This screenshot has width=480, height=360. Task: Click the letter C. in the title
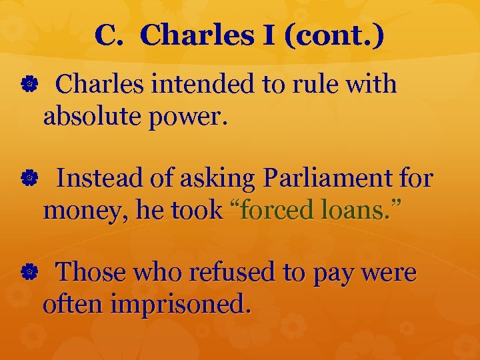pos(109,36)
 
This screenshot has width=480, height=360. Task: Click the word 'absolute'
pos(89,117)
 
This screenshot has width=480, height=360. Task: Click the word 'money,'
pos(83,211)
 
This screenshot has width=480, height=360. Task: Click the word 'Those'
pos(91,273)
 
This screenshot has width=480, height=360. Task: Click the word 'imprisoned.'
pos(181,305)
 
